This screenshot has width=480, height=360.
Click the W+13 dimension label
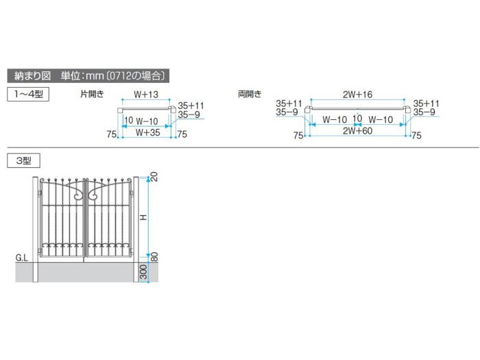(146, 95)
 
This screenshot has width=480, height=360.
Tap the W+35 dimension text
(148, 132)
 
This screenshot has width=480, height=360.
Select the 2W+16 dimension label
(357, 95)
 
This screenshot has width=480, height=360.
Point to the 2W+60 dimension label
(357, 131)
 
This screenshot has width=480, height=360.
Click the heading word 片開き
(92, 94)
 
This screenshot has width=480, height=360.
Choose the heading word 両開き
(250, 94)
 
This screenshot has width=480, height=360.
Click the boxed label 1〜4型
(28, 95)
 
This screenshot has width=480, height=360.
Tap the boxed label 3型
(23, 160)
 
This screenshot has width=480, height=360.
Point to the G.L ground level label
(21, 258)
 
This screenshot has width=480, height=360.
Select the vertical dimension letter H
(143, 217)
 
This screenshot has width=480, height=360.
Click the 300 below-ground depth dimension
(143, 272)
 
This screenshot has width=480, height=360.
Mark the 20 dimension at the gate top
(154, 177)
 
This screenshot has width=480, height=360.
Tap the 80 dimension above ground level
(154, 257)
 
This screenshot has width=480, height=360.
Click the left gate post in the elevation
(35, 229)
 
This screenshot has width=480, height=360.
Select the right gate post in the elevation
(136, 229)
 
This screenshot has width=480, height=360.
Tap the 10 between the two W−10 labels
(357, 118)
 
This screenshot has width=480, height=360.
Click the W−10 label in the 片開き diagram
(147, 121)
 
